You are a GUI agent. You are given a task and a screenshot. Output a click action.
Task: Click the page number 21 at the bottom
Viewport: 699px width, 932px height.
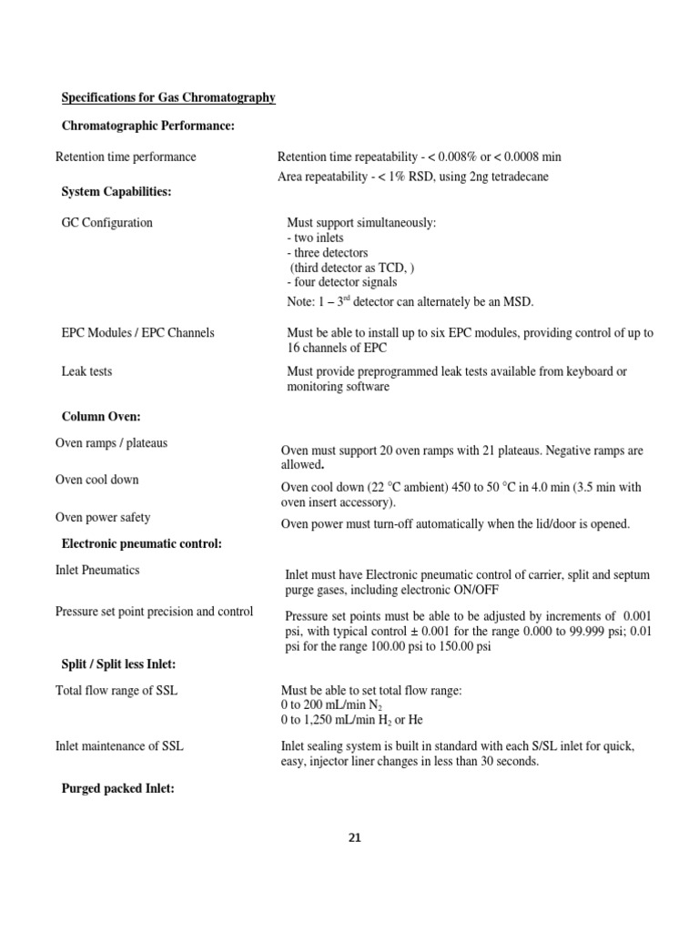point(354,838)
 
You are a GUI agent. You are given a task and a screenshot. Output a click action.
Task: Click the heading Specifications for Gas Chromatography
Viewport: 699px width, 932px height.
point(168,97)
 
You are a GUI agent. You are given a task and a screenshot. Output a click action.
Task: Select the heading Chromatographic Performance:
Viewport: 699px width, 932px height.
point(147,126)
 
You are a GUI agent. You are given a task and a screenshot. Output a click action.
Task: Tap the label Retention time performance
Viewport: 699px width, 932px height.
point(126,157)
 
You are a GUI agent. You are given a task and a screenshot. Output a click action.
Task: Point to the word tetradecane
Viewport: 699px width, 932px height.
point(516,177)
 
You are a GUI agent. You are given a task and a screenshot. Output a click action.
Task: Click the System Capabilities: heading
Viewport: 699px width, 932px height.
point(116,191)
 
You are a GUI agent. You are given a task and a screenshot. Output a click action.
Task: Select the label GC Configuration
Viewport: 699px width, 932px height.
point(106,222)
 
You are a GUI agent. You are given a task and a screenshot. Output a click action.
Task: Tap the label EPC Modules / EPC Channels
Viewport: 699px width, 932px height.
point(137,332)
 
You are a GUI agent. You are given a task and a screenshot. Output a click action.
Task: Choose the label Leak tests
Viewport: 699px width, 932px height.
point(86,371)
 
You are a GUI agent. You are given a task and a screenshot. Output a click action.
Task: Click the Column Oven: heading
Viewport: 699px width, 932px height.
point(100,416)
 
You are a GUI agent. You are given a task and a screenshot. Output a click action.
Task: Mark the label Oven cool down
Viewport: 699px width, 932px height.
point(97,480)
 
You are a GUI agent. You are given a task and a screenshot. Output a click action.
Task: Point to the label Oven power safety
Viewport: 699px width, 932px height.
point(103,517)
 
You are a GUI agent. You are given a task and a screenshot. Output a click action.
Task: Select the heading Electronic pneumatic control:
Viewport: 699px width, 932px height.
point(141,543)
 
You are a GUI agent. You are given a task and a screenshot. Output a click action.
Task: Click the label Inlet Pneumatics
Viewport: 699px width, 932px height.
point(97,570)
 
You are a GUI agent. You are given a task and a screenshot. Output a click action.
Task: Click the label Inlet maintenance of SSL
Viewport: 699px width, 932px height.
point(119,746)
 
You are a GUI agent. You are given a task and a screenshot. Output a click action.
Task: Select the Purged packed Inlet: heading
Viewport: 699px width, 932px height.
point(117,789)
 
